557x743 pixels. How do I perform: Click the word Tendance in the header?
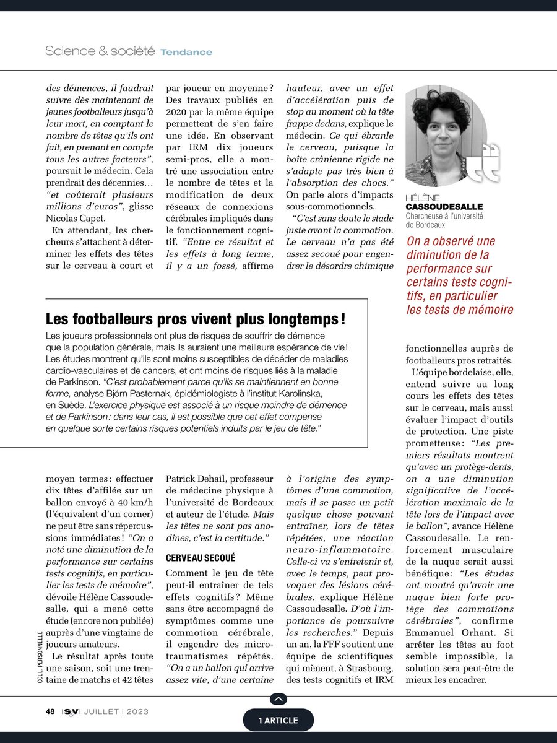coord(186,52)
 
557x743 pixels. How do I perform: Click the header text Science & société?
coord(100,51)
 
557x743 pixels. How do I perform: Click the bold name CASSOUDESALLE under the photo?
coord(444,206)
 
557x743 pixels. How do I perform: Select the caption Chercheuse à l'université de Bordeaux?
coord(444,220)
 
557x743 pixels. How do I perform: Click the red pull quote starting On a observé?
coord(459,276)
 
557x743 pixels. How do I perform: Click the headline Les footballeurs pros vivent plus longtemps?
coord(196,319)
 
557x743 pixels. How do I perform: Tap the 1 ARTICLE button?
coord(278,720)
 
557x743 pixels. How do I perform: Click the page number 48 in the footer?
coord(50,711)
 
